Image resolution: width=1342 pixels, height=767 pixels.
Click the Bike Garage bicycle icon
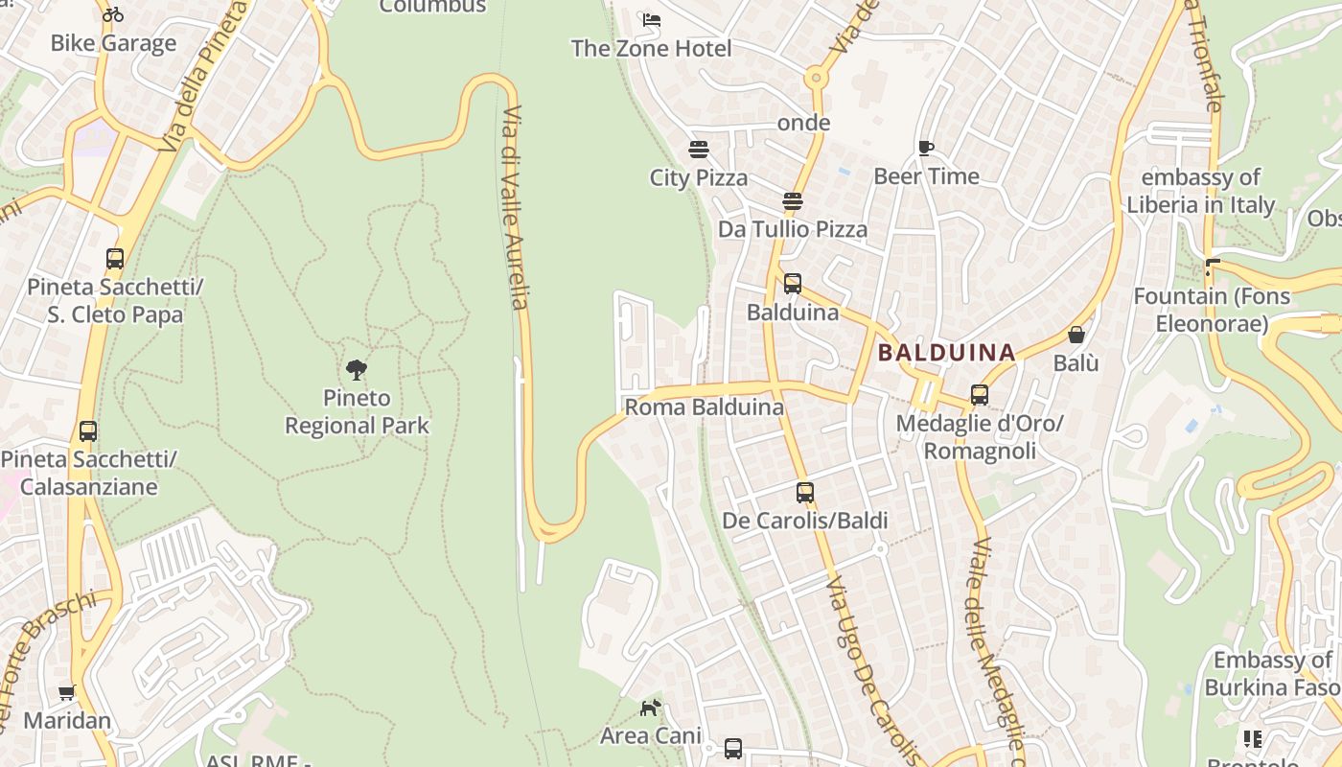(x=113, y=14)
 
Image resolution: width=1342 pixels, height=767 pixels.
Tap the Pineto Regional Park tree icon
(x=357, y=370)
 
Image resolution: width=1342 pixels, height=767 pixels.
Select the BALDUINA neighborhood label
(x=946, y=353)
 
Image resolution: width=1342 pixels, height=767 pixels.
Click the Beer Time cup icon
(x=925, y=148)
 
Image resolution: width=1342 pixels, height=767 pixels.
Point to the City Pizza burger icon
(x=698, y=150)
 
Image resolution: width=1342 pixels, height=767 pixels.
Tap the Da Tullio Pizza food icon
(x=792, y=201)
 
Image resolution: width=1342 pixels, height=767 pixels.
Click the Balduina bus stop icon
(x=792, y=284)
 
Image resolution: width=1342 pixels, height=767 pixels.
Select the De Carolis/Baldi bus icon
(x=805, y=493)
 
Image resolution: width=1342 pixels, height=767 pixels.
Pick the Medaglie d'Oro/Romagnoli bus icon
(x=979, y=395)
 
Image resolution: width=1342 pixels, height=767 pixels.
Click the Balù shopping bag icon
(x=1076, y=335)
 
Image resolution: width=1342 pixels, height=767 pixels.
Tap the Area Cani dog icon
(x=650, y=708)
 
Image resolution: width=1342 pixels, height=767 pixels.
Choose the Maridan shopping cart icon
(x=66, y=692)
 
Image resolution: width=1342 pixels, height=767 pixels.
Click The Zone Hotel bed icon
(x=652, y=19)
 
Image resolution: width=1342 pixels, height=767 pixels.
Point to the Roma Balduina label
(x=704, y=407)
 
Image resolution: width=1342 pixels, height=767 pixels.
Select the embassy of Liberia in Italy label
(x=1200, y=191)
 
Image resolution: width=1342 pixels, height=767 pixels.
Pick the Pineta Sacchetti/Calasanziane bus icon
(x=88, y=431)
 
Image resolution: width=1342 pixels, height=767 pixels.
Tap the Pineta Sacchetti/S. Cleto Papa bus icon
(x=115, y=259)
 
